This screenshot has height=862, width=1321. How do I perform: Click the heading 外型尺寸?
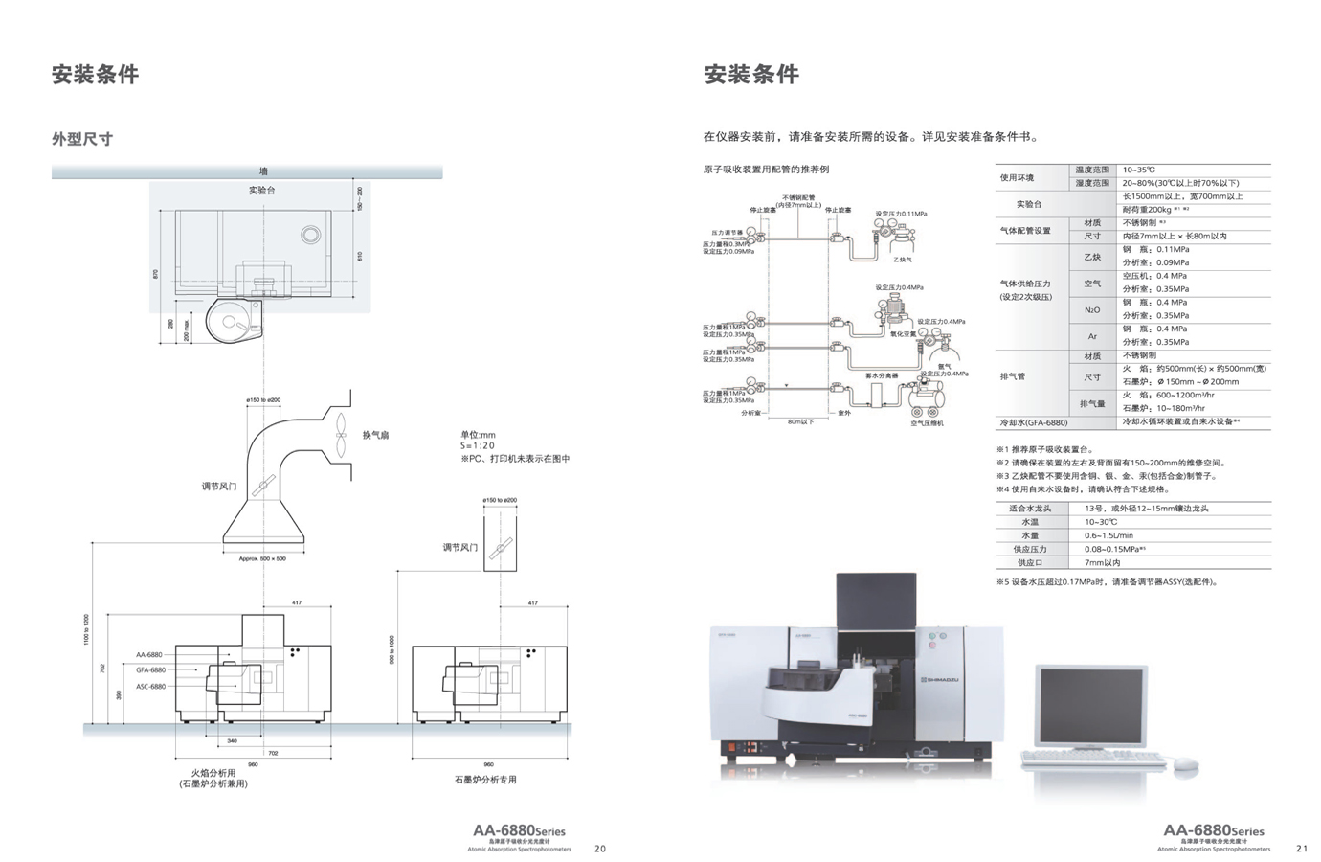tap(82, 139)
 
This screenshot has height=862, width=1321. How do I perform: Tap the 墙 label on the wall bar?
tap(263, 171)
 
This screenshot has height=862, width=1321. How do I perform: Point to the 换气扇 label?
tap(375, 436)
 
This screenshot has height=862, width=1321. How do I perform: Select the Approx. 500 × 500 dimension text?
tap(262, 558)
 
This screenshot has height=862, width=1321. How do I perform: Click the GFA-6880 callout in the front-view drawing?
tap(150, 670)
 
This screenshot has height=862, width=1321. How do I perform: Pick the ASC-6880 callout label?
tap(150, 687)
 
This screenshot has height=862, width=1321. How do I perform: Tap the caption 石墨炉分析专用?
tap(485, 780)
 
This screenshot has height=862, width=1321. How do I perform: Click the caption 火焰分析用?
tap(213, 772)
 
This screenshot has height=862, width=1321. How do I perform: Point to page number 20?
tap(600, 848)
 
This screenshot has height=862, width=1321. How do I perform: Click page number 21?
tap(1302, 848)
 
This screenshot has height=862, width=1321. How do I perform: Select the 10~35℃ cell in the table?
tap(1139, 170)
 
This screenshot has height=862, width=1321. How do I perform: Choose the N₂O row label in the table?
tap(1091, 309)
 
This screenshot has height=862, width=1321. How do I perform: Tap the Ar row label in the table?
tap(1091, 336)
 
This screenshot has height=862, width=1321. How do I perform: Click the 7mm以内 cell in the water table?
tap(1102, 562)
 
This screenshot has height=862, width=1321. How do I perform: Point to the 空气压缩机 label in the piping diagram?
tap(926, 423)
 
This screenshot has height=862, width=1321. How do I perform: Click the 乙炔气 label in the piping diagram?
tap(902, 260)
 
